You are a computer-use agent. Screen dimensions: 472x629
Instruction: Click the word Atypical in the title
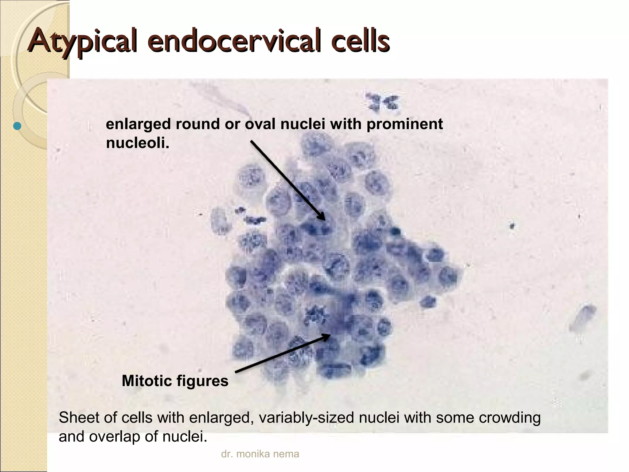pyautogui.click(x=81, y=43)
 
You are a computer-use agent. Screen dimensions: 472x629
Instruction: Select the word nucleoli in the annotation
pyautogui.click(x=137, y=143)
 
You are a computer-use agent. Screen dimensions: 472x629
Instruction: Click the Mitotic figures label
pyautogui.click(x=175, y=381)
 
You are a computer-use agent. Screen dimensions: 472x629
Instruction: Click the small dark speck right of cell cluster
pyautogui.click(x=512, y=226)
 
